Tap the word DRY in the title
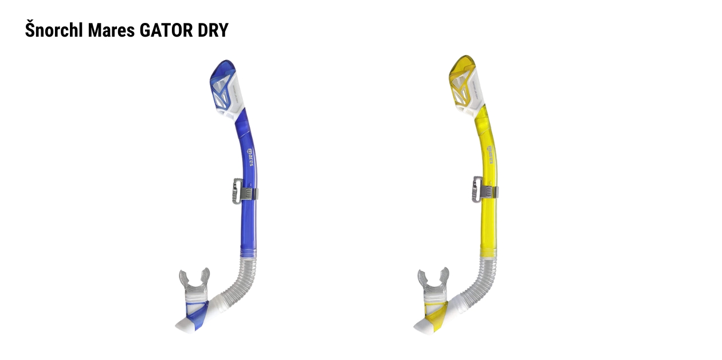(x=213, y=30)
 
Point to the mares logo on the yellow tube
(x=490, y=155)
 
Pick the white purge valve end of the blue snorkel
(x=185, y=325)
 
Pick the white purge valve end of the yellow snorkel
(x=423, y=325)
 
